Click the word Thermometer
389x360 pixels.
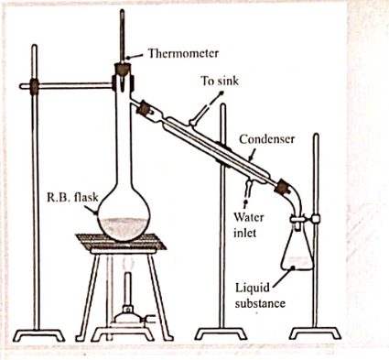pos(183,53)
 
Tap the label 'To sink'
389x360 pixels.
pos(220,81)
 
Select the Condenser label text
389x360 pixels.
pos(266,139)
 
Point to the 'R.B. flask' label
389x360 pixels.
pos(72,198)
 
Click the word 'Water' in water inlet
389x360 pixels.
pos(249,217)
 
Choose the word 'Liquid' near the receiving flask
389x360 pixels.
pos(253,288)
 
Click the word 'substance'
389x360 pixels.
pos(260,304)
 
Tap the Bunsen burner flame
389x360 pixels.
pos(128,264)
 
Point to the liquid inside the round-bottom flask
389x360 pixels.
pos(124,227)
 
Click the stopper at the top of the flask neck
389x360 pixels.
pos(123,70)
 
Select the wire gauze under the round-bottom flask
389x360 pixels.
pos(121,241)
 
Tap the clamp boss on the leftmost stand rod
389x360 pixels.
pos(34,86)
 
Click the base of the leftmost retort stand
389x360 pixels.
pos(38,335)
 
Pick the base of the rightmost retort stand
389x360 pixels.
pos(315,333)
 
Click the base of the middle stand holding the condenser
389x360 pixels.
pos(221,333)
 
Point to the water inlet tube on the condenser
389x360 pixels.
pos(249,188)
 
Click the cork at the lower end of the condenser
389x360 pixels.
pos(281,187)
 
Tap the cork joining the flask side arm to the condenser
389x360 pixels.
pos(144,109)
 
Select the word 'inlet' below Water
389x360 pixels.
pos(244,234)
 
